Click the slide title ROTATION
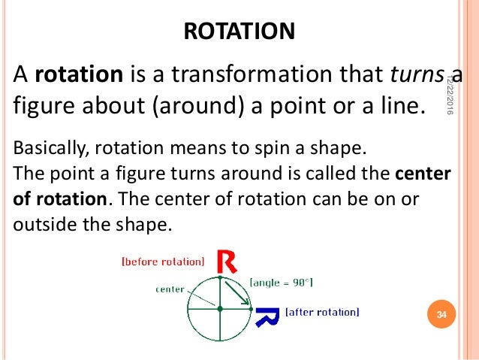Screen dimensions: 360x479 click(239, 32)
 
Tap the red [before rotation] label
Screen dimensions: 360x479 click(162, 262)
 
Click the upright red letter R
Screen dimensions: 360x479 click(227, 262)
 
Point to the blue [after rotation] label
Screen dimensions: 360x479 click(322, 312)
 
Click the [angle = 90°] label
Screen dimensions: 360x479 click(281, 282)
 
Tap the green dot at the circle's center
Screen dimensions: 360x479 click(219, 308)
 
